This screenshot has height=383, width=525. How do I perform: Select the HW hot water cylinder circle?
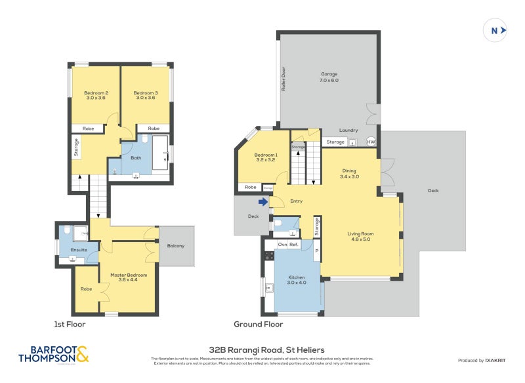tap(371, 142)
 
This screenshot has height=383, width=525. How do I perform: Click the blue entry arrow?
tap(263, 202)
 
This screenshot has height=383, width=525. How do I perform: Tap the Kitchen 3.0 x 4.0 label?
tap(297, 281)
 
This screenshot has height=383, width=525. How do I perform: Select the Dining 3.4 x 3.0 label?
tap(349, 174)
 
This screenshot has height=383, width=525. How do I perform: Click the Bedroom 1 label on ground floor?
tap(266, 157)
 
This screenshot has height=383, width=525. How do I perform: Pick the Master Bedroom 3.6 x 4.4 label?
tap(129, 277)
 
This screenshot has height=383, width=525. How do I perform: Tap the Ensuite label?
tap(70, 250)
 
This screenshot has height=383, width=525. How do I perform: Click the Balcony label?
tap(176, 246)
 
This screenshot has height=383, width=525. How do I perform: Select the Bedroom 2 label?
tap(96, 96)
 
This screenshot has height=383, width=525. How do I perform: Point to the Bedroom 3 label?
tap(146, 96)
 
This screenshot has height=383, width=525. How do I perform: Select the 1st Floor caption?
tap(70, 324)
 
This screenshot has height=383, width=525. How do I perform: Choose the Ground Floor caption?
tap(258, 324)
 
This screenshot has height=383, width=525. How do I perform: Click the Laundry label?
tap(348, 131)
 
